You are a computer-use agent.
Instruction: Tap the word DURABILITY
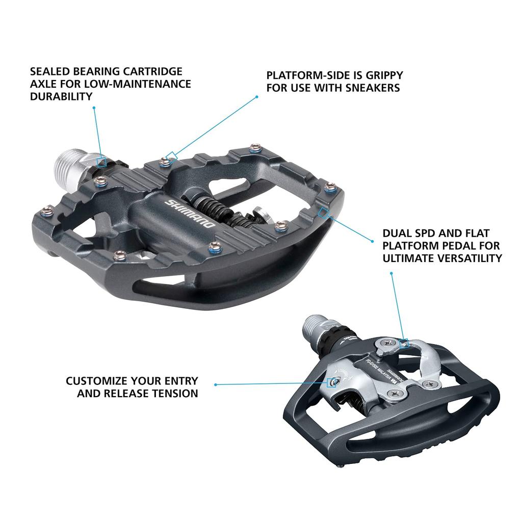point(62,96)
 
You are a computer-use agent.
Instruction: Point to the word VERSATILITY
point(469,258)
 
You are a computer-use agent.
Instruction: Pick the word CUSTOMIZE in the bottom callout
point(97,381)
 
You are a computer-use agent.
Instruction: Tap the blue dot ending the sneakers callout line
point(257,96)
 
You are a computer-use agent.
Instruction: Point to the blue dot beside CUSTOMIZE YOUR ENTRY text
point(216,384)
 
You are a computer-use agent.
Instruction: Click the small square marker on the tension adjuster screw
point(331,382)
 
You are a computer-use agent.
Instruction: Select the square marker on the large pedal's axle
point(102,162)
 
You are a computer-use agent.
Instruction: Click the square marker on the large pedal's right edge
point(323,212)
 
